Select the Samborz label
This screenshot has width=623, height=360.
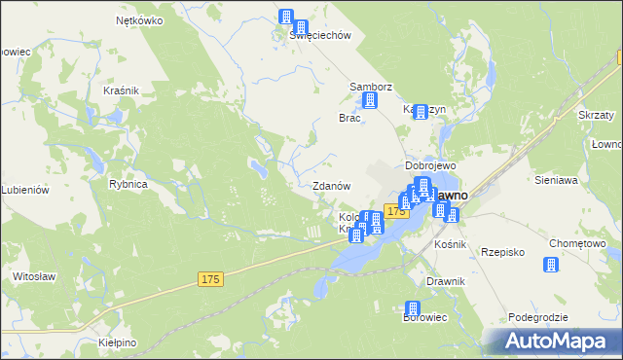click(x=371, y=87)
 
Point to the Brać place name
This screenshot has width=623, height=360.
click(x=349, y=118)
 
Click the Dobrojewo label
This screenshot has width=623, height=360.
click(x=430, y=165)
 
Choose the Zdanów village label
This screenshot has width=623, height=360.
click(x=331, y=186)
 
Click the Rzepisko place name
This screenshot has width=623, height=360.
click(x=503, y=252)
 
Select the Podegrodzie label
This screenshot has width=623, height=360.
click(x=538, y=318)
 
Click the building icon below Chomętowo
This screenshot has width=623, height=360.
click(x=552, y=264)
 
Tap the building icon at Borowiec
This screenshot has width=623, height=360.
click(x=412, y=308)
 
